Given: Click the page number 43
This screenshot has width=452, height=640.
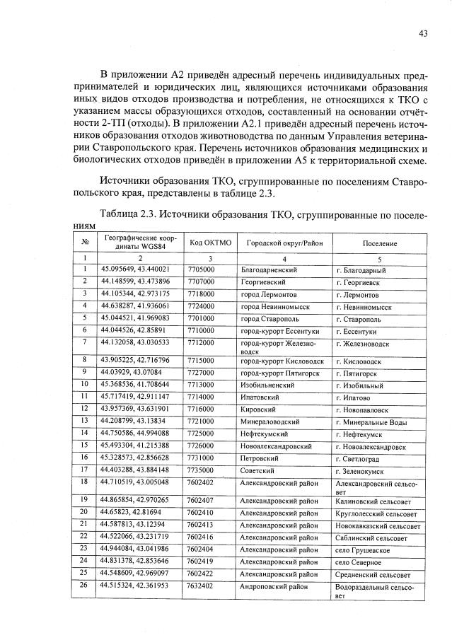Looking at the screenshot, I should [423, 33].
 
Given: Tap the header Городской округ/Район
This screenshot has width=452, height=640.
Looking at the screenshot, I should [284, 243].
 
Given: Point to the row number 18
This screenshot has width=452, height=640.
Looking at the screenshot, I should [84, 482].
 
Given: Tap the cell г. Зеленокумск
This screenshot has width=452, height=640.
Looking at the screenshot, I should [364, 471].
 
